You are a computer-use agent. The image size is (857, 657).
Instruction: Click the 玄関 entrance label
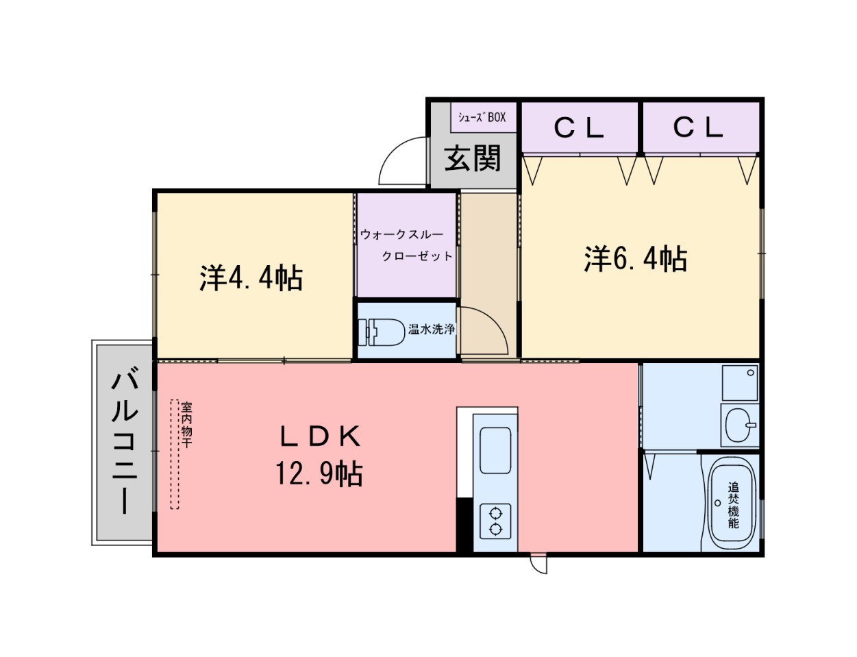click(473, 159)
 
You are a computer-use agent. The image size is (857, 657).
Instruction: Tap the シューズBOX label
click(482, 117)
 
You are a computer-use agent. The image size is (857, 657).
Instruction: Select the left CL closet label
click(579, 127)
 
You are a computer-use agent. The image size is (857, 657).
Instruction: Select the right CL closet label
click(698, 127)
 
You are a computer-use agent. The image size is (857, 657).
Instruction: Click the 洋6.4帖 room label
click(636, 259)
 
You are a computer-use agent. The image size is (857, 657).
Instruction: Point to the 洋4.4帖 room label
click(251, 277)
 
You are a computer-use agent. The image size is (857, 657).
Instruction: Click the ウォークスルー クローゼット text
click(406, 245)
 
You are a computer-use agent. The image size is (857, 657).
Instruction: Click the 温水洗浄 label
click(432, 329)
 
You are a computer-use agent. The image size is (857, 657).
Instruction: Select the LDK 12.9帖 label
click(319, 454)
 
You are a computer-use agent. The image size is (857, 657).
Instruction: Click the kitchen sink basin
click(495, 450)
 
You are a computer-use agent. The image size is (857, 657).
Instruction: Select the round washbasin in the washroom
click(739, 425)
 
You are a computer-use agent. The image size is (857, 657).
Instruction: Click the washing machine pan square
click(741, 383)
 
